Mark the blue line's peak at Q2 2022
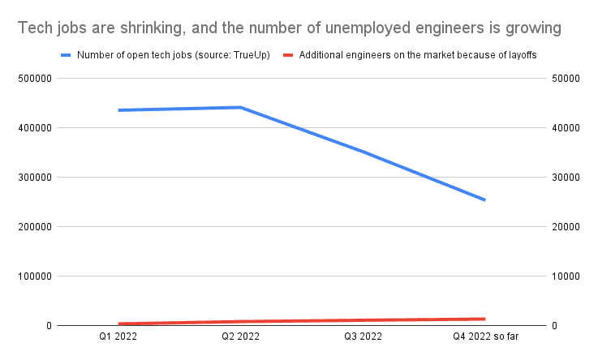[240, 107]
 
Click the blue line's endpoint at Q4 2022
[484, 199]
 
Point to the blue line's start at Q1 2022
[118, 110]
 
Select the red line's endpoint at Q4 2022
[484, 319]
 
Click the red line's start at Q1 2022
[118, 324]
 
